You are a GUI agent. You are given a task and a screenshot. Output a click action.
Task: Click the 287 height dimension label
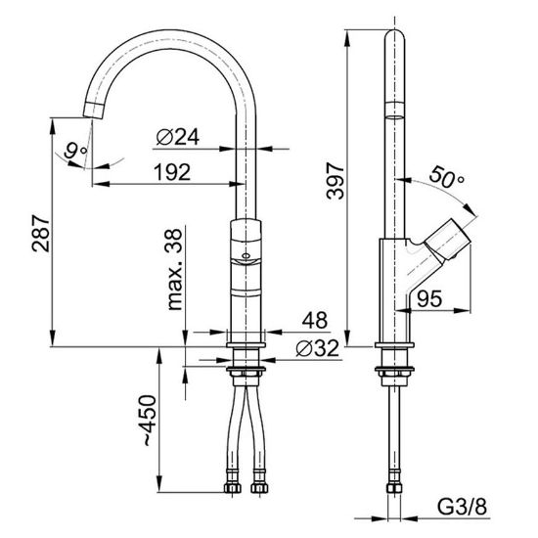pos(41,234)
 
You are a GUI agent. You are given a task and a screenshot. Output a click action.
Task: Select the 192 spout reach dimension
pos(172,172)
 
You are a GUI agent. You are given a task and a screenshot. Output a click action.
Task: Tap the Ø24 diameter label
pos(178,137)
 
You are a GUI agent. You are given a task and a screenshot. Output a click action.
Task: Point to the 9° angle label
pos(76,151)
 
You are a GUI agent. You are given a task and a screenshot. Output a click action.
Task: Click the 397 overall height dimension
pos(336,181)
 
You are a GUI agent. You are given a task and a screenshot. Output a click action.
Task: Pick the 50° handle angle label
pos(446,177)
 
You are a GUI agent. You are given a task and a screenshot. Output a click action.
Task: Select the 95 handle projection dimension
pos(429,298)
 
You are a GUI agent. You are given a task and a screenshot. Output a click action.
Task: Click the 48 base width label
pos(315,320)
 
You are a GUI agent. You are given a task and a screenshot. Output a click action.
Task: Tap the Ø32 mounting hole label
pos(318,348)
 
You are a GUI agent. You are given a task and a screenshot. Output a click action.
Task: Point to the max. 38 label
pos(174,269)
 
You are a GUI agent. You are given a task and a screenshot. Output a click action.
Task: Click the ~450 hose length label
pos(149,420)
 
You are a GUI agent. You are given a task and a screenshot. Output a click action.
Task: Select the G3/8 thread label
pos(462,507)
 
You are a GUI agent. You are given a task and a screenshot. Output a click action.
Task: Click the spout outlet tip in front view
pos(93,111)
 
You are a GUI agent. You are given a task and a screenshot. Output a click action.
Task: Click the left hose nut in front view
pos(232,487)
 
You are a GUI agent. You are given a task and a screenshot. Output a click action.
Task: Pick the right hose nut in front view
pos(259,487)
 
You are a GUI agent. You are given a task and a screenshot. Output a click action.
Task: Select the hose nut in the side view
pos(394,487)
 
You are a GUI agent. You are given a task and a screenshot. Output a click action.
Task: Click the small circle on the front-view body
pos(246,255)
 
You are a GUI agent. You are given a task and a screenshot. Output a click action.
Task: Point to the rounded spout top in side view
pos(394,35)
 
